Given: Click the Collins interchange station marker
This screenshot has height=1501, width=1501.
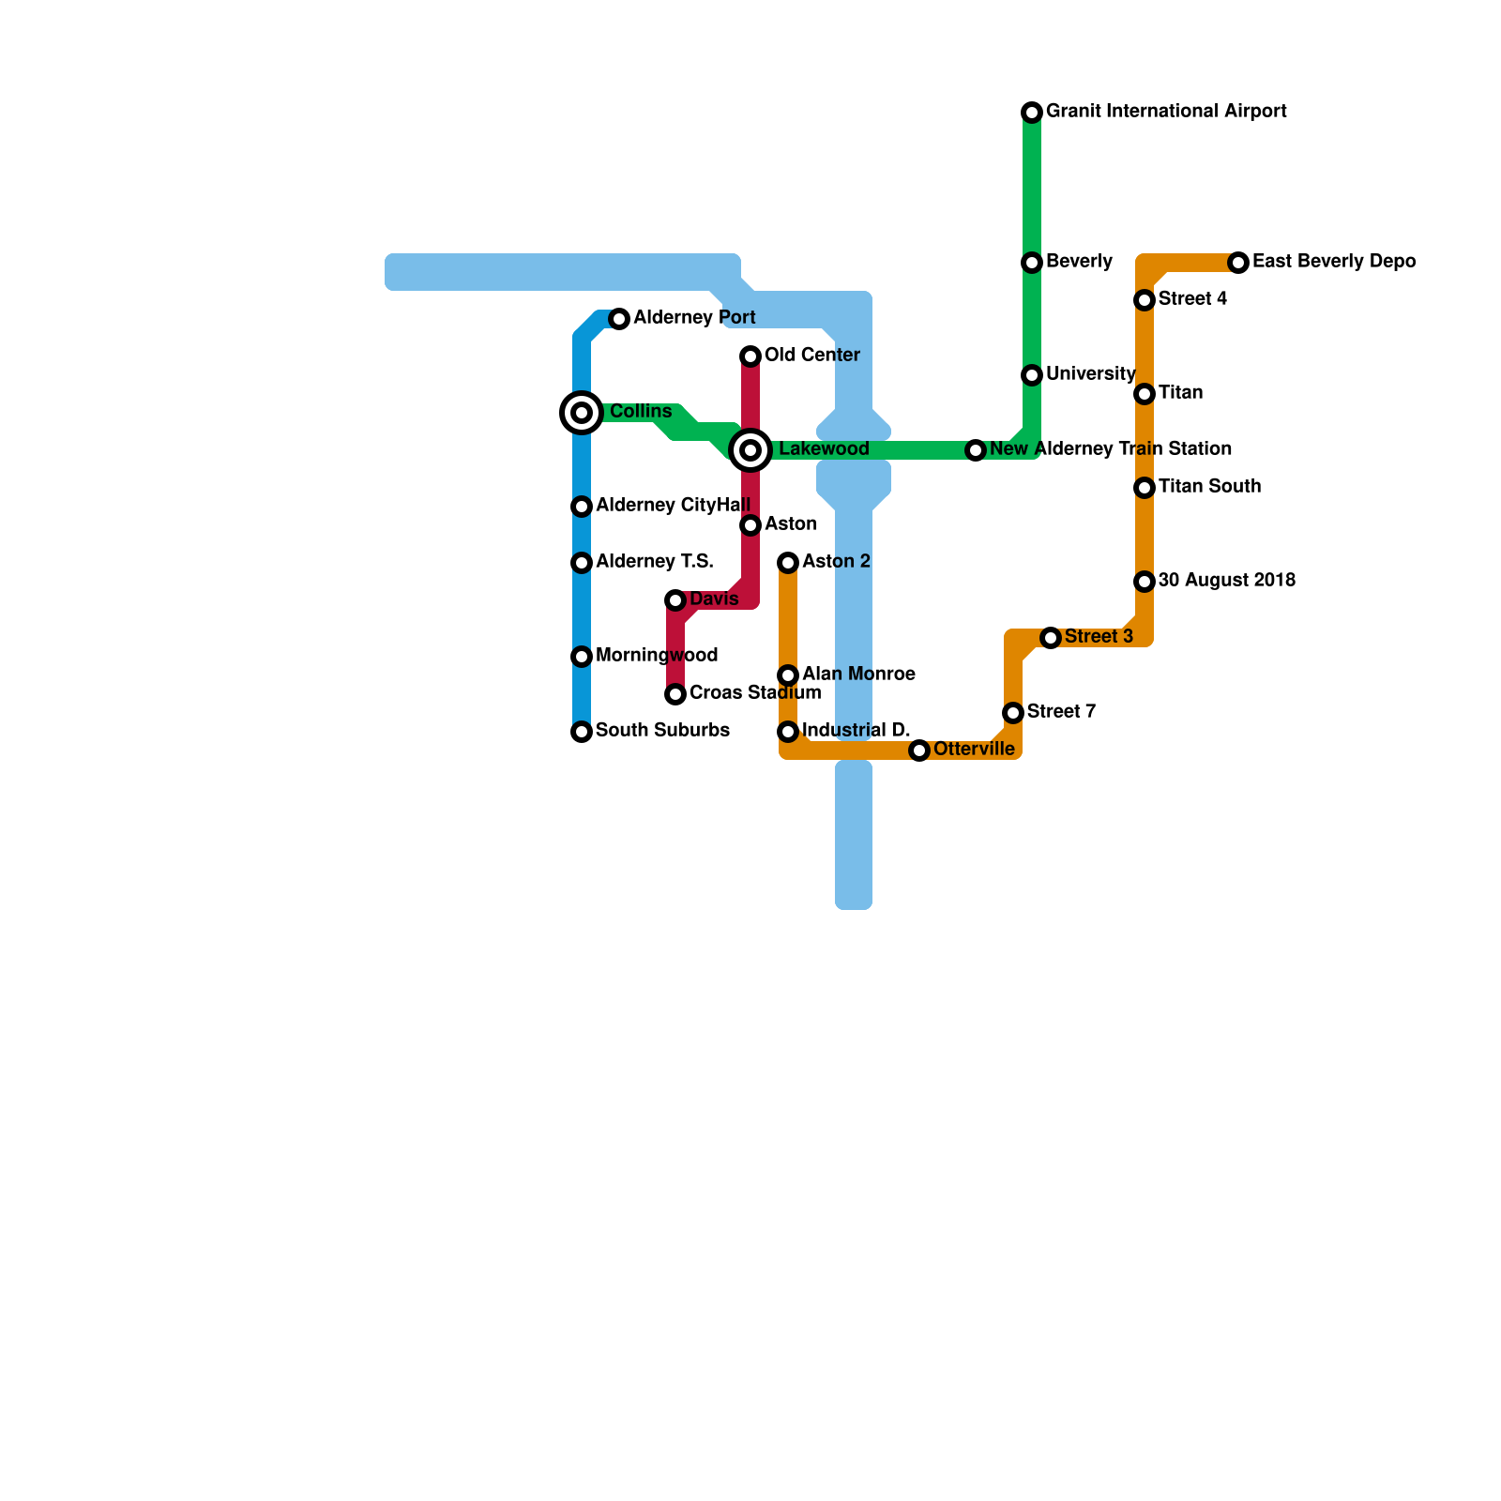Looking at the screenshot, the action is pos(582,413).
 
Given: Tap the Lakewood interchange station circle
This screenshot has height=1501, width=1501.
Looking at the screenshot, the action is pos(750,450).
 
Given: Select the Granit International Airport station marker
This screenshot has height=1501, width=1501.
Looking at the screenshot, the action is pos(1032,113).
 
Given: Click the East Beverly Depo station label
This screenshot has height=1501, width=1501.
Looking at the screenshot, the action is pos(1333,262).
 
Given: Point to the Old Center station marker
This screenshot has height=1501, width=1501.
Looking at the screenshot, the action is pos(750,356).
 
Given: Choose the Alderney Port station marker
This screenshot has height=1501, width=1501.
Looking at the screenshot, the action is pos(619,319).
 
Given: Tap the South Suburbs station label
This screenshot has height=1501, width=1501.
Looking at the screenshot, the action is pos(662,731).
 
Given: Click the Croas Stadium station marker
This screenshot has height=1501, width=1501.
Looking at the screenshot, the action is pos(675,694).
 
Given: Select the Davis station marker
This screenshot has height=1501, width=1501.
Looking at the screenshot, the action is pos(675,600).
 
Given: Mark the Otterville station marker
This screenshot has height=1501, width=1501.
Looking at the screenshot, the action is pos(919,750).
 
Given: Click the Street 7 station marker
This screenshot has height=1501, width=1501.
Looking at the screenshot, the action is pos(1013,713).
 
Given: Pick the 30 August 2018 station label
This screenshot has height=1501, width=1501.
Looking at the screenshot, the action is pos(1226,581).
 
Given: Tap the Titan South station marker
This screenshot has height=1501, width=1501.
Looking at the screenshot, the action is pos(1145,488).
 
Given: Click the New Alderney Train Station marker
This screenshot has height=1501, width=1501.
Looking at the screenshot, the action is pos(976,450).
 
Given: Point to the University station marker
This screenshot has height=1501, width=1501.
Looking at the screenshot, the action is pos(1032,375).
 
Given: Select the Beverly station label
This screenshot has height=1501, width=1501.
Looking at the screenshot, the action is pos(1079,262).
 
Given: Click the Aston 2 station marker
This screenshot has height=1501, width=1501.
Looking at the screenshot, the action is pos(788,563).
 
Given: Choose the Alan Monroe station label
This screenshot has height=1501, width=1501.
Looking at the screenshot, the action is pos(858,675).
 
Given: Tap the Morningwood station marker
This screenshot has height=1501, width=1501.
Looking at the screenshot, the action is pos(582,657).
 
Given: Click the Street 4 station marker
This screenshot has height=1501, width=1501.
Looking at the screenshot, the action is pos(1145,300).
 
